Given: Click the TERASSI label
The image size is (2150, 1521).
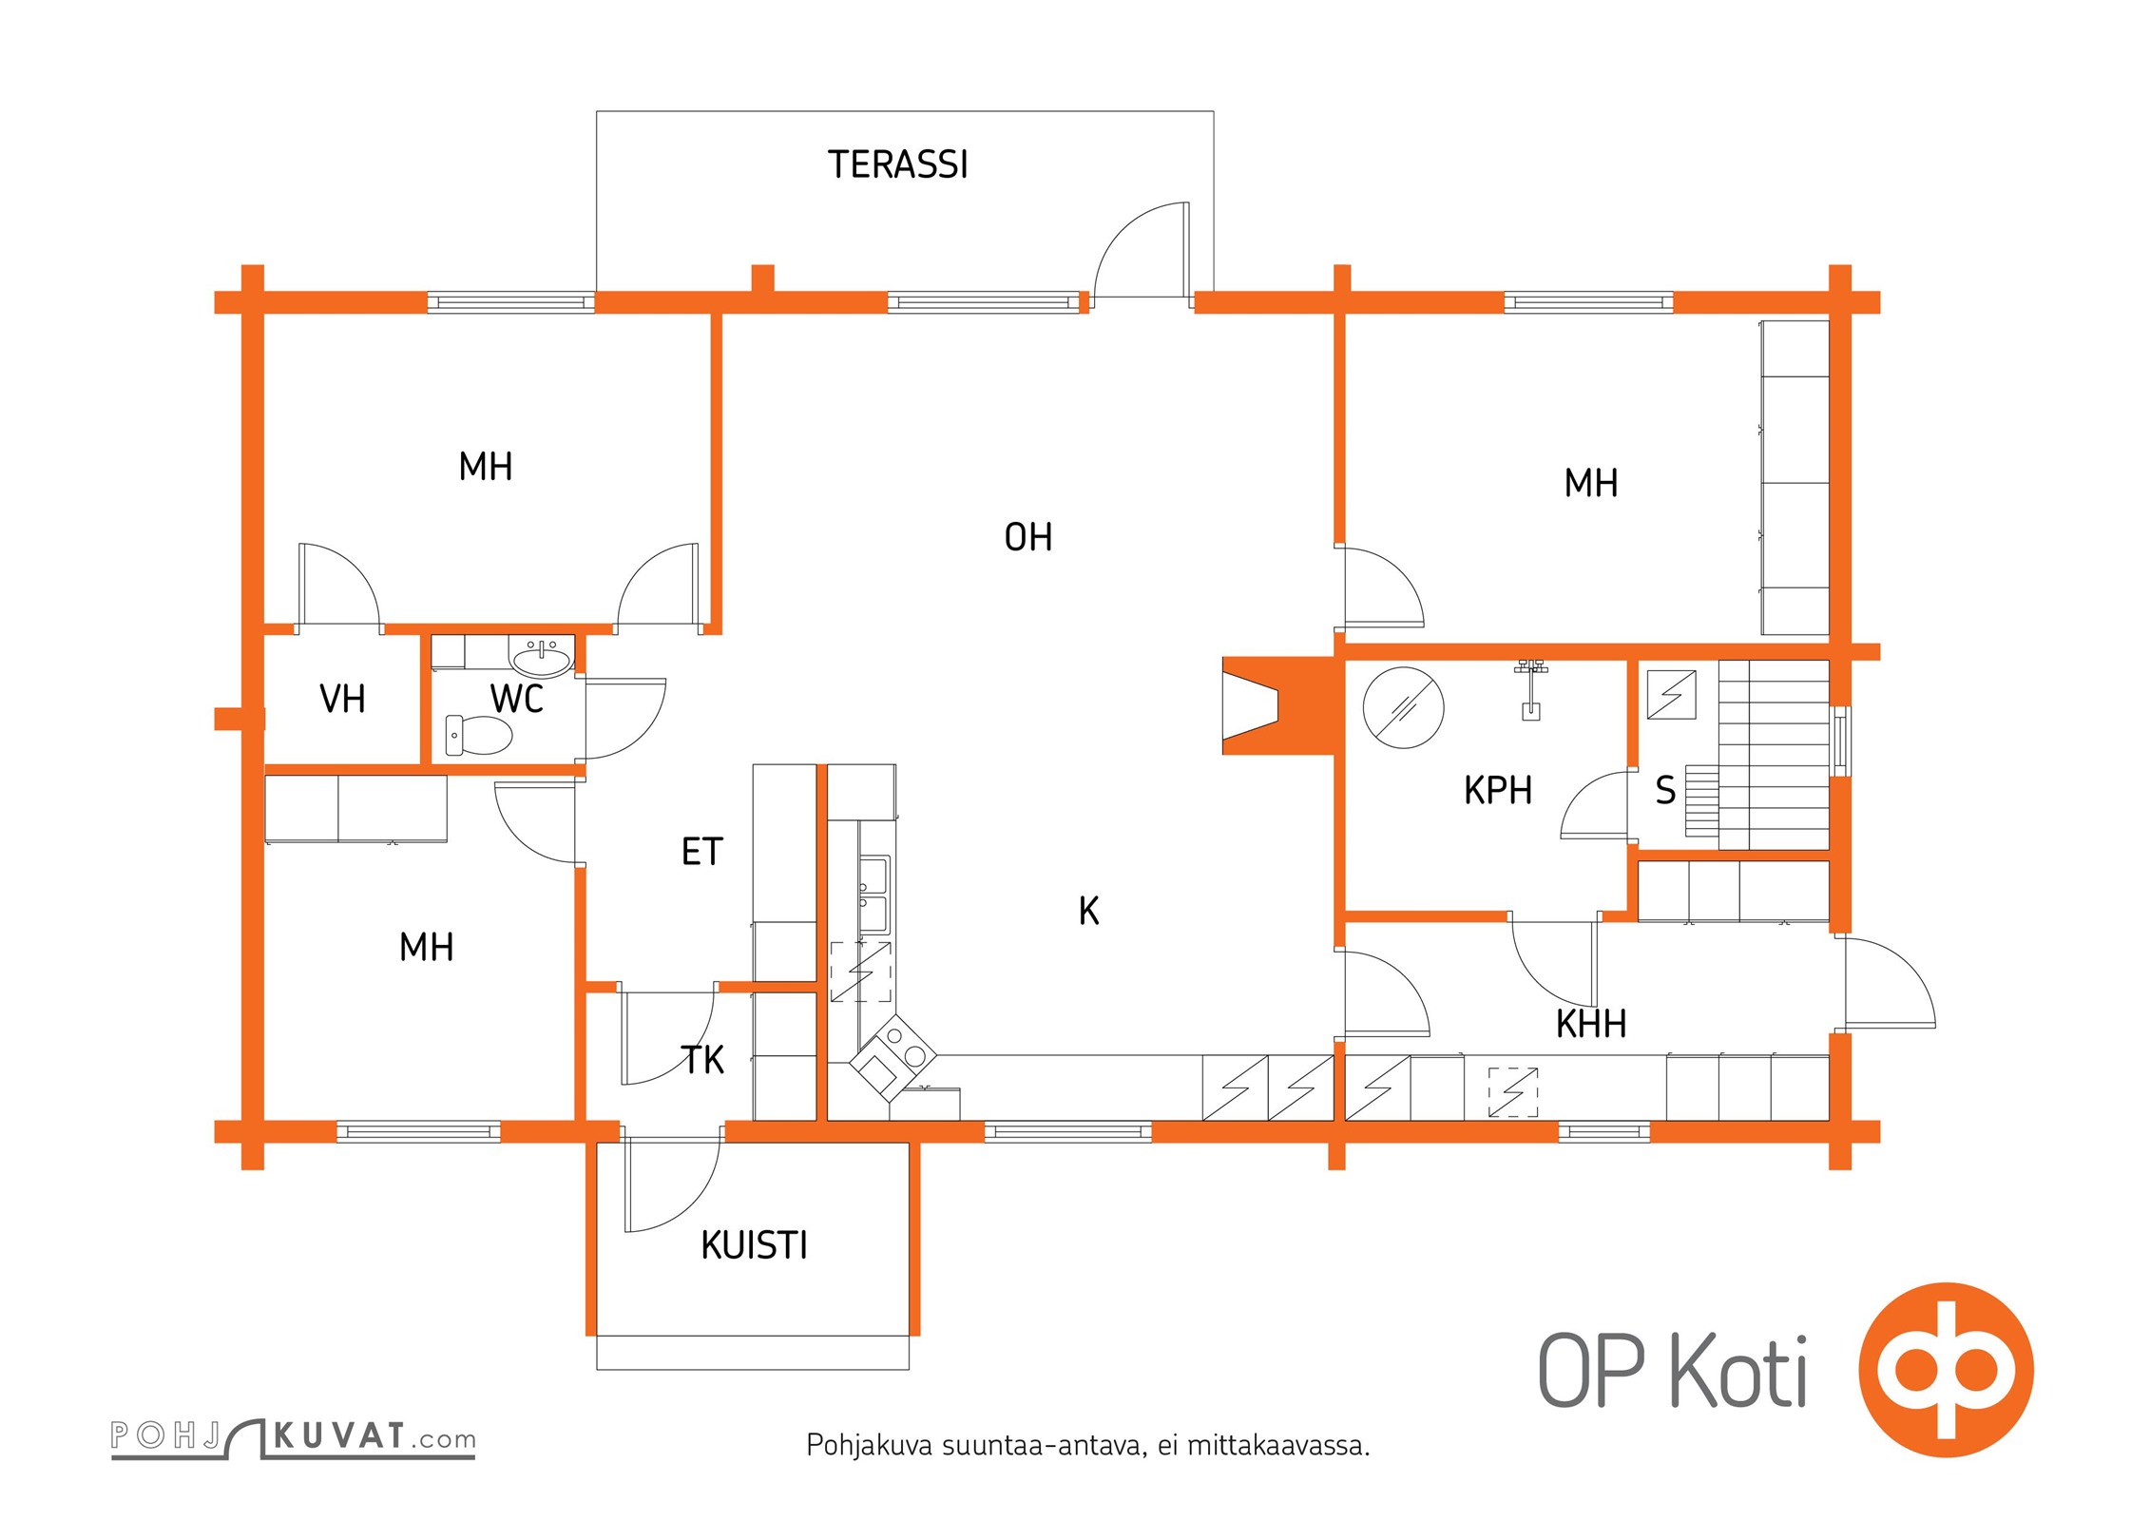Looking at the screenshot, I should point(897,164).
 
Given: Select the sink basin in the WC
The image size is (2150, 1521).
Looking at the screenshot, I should point(542,658).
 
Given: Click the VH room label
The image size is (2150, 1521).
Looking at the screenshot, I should point(342,700).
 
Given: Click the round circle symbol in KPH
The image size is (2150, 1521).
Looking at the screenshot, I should point(1403,707).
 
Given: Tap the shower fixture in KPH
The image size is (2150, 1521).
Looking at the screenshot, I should point(1530,689).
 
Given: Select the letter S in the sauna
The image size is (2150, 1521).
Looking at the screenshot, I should point(1665,791).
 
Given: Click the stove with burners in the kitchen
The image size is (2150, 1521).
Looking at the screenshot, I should point(892,1054).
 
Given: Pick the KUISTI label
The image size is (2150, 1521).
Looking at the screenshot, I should point(754,1245).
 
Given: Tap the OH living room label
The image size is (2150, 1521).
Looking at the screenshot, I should point(1028,538).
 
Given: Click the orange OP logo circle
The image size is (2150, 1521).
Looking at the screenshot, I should point(1946,1370).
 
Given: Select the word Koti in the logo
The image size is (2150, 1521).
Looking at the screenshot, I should point(1738,1371).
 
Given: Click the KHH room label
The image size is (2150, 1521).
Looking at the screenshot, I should point(1591,1025).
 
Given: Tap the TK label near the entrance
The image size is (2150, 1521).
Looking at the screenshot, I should point(702,1060).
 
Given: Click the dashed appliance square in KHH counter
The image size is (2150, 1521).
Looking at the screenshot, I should point(1512,1092).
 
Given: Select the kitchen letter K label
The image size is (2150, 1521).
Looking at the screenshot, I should point(1088,912).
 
